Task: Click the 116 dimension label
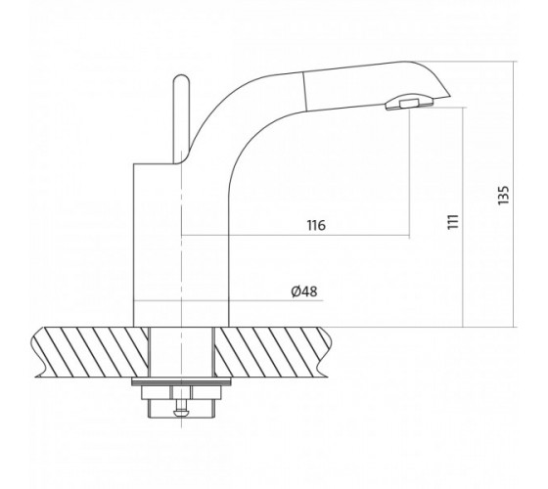tap(316, 225)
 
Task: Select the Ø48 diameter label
tap(304, 291)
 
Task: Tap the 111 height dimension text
tap(453, 221)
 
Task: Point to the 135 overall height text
tap(504, 196)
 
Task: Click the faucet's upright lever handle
tap(181, 118)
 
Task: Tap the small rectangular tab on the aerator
tap(410, 103)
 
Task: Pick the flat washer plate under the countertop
tap(181, 381)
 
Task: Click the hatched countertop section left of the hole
tap(92, 352)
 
